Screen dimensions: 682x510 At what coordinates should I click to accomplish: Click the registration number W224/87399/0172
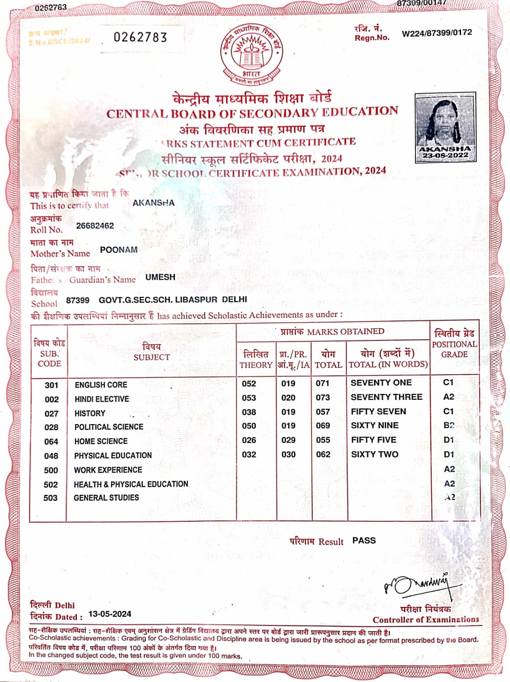(436, 33)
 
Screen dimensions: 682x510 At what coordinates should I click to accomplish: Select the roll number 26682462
(95, 225)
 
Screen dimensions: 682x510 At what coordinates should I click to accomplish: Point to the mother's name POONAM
(118, 250)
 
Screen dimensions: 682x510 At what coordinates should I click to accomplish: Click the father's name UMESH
(160, 277)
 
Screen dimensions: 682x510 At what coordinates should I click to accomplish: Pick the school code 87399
(77, 300)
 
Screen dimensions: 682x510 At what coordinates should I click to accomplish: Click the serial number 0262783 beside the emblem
(140, 38)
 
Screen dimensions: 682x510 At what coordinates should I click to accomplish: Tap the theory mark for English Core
(249, 384)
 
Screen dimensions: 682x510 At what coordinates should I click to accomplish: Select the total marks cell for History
(323, 412)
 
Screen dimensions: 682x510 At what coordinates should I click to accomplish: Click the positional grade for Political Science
(449, 425)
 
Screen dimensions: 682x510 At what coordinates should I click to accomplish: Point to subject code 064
(51, 442)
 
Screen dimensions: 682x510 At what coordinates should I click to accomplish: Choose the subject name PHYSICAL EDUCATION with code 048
(113, 456)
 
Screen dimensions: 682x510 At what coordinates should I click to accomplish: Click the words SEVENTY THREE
(386, 397)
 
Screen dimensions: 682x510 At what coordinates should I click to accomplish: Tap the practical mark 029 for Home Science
(288, 440)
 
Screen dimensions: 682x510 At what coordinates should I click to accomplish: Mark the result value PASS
(364, 540)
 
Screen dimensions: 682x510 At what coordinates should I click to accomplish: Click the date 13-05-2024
(110, 614)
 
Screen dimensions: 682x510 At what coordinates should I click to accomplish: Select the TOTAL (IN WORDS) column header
(388, 359)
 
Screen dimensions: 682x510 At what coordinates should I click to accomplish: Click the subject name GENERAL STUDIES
(106, 498)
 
